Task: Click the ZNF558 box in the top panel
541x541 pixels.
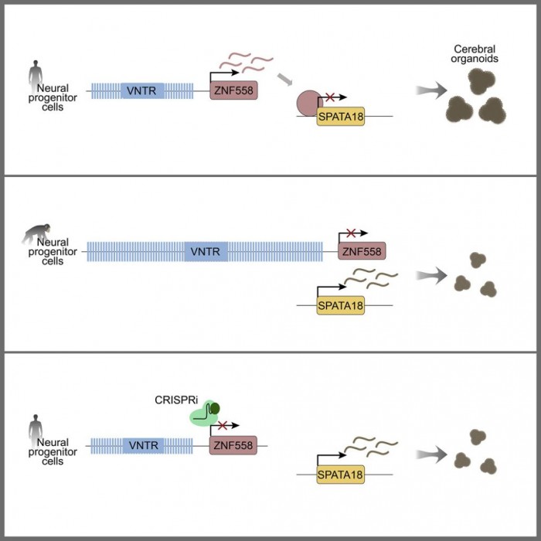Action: pyautogui.click(x=233, y=91)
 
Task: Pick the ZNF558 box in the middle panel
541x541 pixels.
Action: pyautogui.click(x=361, y=251)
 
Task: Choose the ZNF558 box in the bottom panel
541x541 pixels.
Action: pyautogui.click(x=233, y=446)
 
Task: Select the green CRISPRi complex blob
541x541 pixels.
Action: pyautogui.click(x=204, y=414)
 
